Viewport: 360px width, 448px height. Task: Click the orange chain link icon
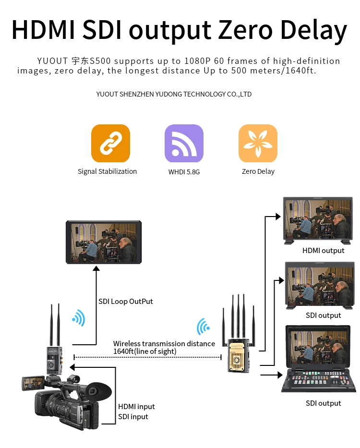[x=110, y=143]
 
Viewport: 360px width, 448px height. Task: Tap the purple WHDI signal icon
[x=184, y=143]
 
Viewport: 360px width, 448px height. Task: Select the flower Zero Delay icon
[x=258, y=143]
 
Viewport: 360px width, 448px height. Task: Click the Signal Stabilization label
[x=107, y=171]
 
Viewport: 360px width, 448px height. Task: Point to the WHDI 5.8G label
[x=184, y=171]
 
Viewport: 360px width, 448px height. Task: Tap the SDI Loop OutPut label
[x=125, y=302]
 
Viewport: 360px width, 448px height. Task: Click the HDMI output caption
[x=323, y=251]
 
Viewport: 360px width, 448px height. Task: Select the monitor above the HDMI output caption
[x=319, y=220]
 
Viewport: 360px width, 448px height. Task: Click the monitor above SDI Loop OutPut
[x=104, y=242]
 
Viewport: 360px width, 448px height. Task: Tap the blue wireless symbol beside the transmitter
[x=78, y=317]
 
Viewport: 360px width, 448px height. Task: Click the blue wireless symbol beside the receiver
[x=203, y=327]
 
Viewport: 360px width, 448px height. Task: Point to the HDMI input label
[x=136, y=407]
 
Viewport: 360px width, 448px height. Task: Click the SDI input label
[x=133, y=417]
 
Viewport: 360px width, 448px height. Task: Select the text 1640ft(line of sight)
[x=144, y=351]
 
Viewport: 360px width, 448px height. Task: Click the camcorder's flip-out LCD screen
[x=34, y=383]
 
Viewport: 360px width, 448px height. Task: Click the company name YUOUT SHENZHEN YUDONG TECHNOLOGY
[x=174, y=94]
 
